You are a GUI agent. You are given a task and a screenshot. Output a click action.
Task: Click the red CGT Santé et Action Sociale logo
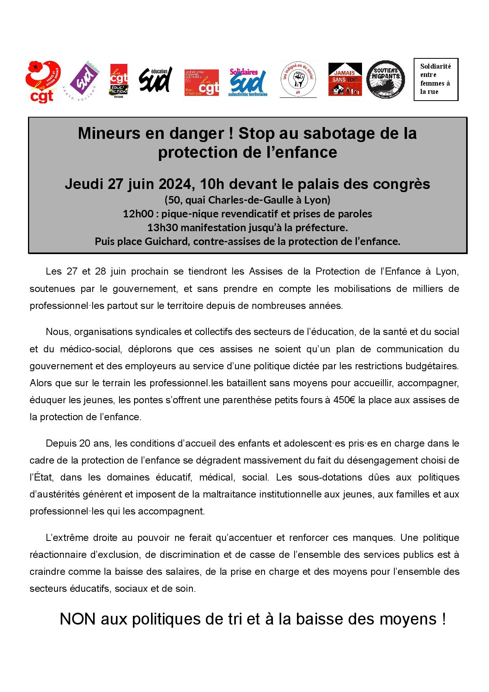point(43,81)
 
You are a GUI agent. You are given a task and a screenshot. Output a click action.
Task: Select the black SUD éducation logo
point(155,79)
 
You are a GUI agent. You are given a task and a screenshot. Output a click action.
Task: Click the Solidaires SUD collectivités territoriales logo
point(248,82)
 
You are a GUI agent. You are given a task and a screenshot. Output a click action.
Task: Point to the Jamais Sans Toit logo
point(345,79)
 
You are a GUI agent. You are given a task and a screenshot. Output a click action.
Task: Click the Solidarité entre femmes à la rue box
point(435,79)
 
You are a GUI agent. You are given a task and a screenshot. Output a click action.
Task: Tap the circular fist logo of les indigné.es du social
point(298,79)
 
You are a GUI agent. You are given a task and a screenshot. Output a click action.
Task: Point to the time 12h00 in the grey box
point(138,214)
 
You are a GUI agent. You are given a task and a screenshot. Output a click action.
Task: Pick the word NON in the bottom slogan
point(77,619)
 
